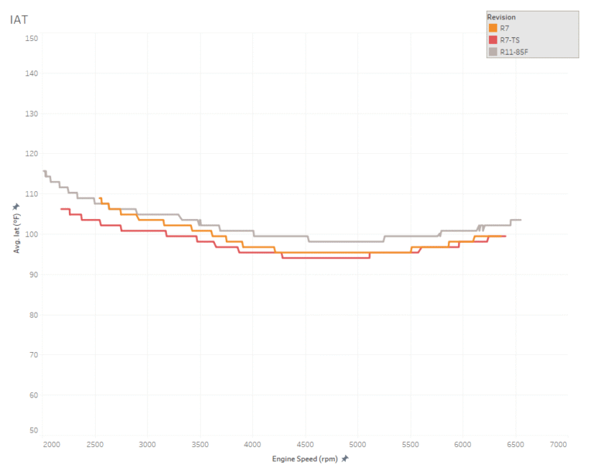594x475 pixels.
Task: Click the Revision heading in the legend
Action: pos(501,17)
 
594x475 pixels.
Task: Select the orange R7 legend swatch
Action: pos(493,29)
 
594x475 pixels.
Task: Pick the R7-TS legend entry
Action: pos(510,40)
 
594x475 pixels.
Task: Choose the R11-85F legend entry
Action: pos(514,52)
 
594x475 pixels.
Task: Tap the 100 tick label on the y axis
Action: pos(31,234)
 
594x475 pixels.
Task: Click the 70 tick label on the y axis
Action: pos(32,355)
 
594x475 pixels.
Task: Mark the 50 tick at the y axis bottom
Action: pos(32,430)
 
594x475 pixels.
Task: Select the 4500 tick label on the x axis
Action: pos(305,445)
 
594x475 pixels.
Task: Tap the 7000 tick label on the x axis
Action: pos(558,445)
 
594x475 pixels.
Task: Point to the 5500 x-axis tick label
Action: pos(410,445)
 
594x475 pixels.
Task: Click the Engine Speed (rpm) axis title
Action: pos(305,459)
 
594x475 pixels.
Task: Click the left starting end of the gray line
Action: pos(44,171)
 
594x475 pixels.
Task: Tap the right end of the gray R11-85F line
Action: pos(521,220)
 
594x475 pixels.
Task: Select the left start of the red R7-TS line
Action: pos(61,208)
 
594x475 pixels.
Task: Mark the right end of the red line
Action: pos(505,236)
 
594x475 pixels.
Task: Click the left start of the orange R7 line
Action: pos(100,198)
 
